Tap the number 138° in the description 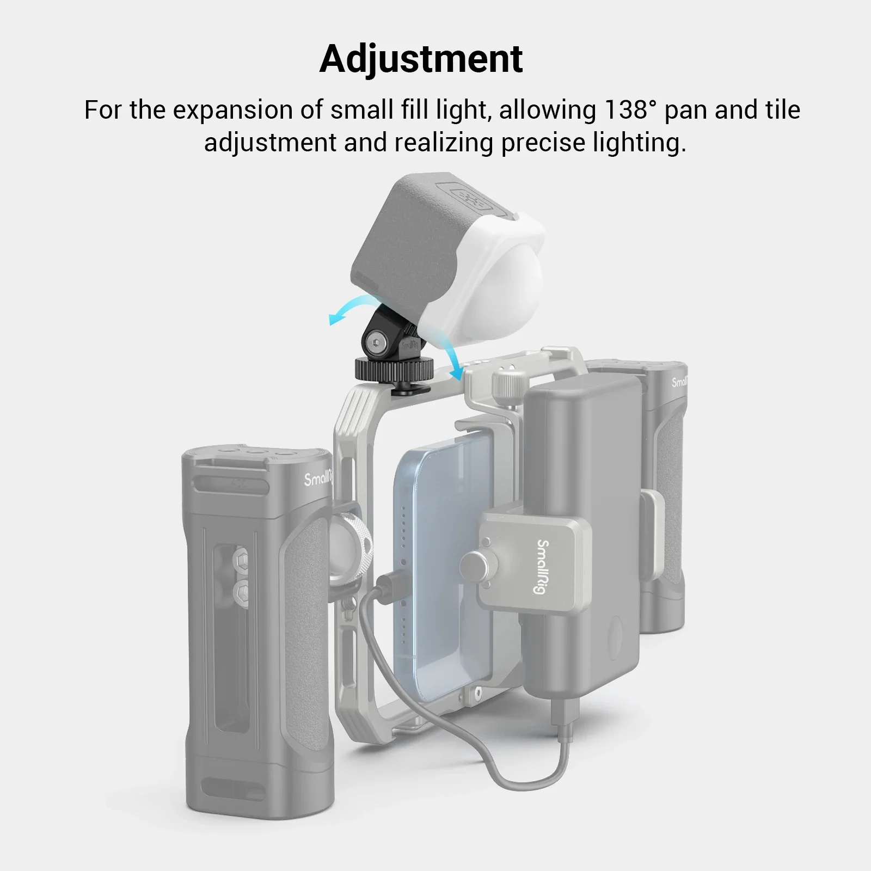click(627, 110)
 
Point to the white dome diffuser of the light click(479, 272)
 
